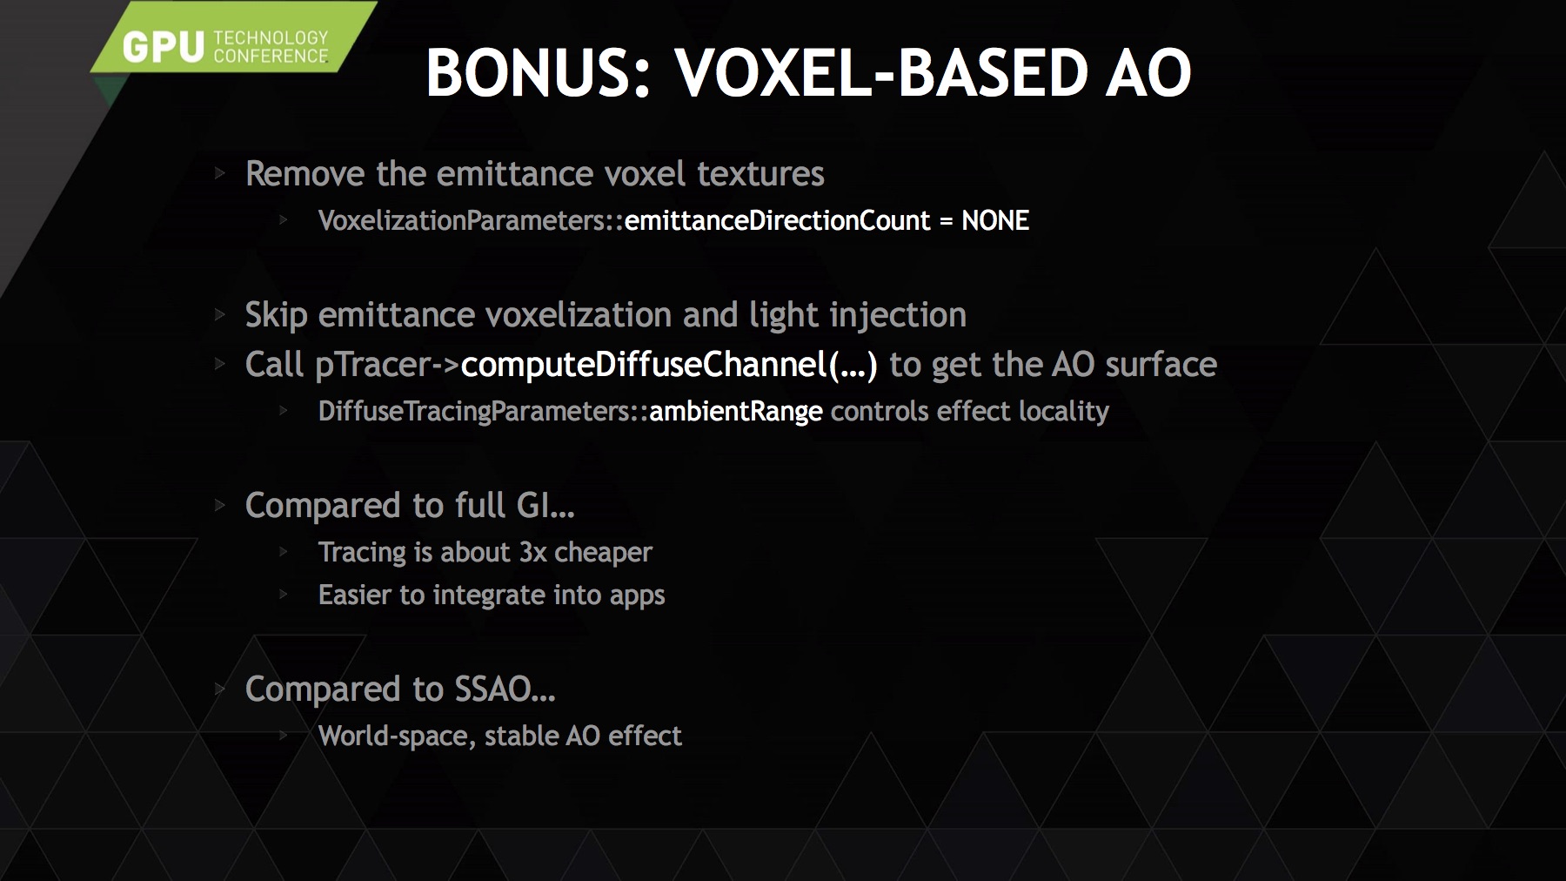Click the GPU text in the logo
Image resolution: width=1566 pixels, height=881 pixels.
164,47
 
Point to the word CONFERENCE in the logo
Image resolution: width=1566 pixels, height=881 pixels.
271,57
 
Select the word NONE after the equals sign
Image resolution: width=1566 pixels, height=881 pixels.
995,221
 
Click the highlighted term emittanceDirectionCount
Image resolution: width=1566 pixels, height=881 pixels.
777,221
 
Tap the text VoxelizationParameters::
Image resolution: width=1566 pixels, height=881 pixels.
471,221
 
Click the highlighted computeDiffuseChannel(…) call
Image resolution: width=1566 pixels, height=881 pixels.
669,365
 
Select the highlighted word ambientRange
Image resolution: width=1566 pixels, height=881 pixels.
735,412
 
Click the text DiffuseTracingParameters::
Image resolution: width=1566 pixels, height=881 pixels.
483,412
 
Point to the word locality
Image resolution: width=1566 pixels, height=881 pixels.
1064,412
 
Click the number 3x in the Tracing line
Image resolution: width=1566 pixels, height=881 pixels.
532,553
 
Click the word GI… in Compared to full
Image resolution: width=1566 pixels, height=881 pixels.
545,506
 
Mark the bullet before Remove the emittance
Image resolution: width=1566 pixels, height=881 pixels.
220,174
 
